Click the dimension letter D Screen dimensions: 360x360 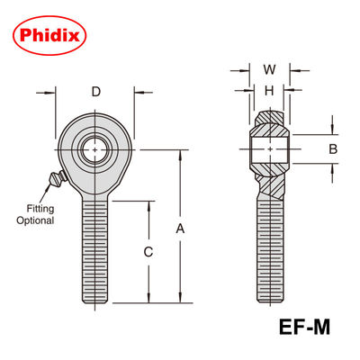pos(95,91)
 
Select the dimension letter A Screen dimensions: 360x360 pos(181,229)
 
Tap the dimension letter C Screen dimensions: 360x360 pos(148,253)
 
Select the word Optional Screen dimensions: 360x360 pos(34,220)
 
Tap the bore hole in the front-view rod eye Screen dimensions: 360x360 pos(95,148)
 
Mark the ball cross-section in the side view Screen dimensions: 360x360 pos(268,148)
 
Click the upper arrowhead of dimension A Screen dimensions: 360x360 pos(181,151)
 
